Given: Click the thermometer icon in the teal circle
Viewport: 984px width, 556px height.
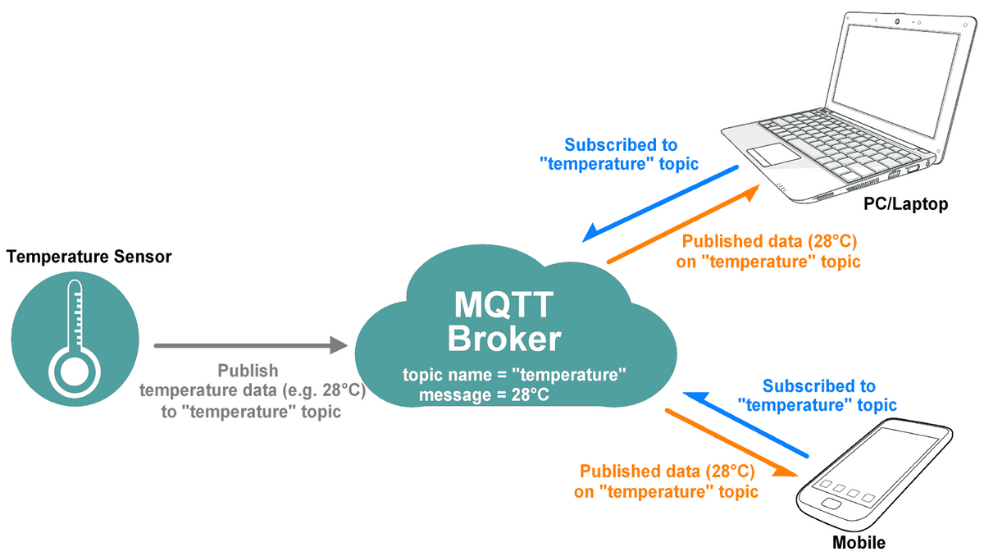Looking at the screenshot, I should [74, 335].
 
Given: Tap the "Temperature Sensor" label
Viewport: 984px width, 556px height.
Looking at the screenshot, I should [89, 257].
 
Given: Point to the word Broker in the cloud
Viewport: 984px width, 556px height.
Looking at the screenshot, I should [507, 338].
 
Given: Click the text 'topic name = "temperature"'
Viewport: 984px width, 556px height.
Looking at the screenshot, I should [514, 376].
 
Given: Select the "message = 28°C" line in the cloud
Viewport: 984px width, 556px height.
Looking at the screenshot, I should [484, 396].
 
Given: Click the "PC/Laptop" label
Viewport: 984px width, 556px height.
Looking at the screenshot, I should [905, 204].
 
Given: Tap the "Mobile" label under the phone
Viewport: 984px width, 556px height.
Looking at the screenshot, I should [859, 542].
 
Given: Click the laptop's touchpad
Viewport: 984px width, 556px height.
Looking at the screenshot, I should [768, 153].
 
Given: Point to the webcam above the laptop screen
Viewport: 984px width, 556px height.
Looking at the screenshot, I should [897, 20].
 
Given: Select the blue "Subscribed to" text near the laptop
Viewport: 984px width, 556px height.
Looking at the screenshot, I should [621, 145].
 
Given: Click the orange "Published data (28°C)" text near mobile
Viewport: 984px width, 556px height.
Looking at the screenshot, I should [666, 472].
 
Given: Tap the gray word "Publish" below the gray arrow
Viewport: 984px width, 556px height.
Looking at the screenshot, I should [248, 371].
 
